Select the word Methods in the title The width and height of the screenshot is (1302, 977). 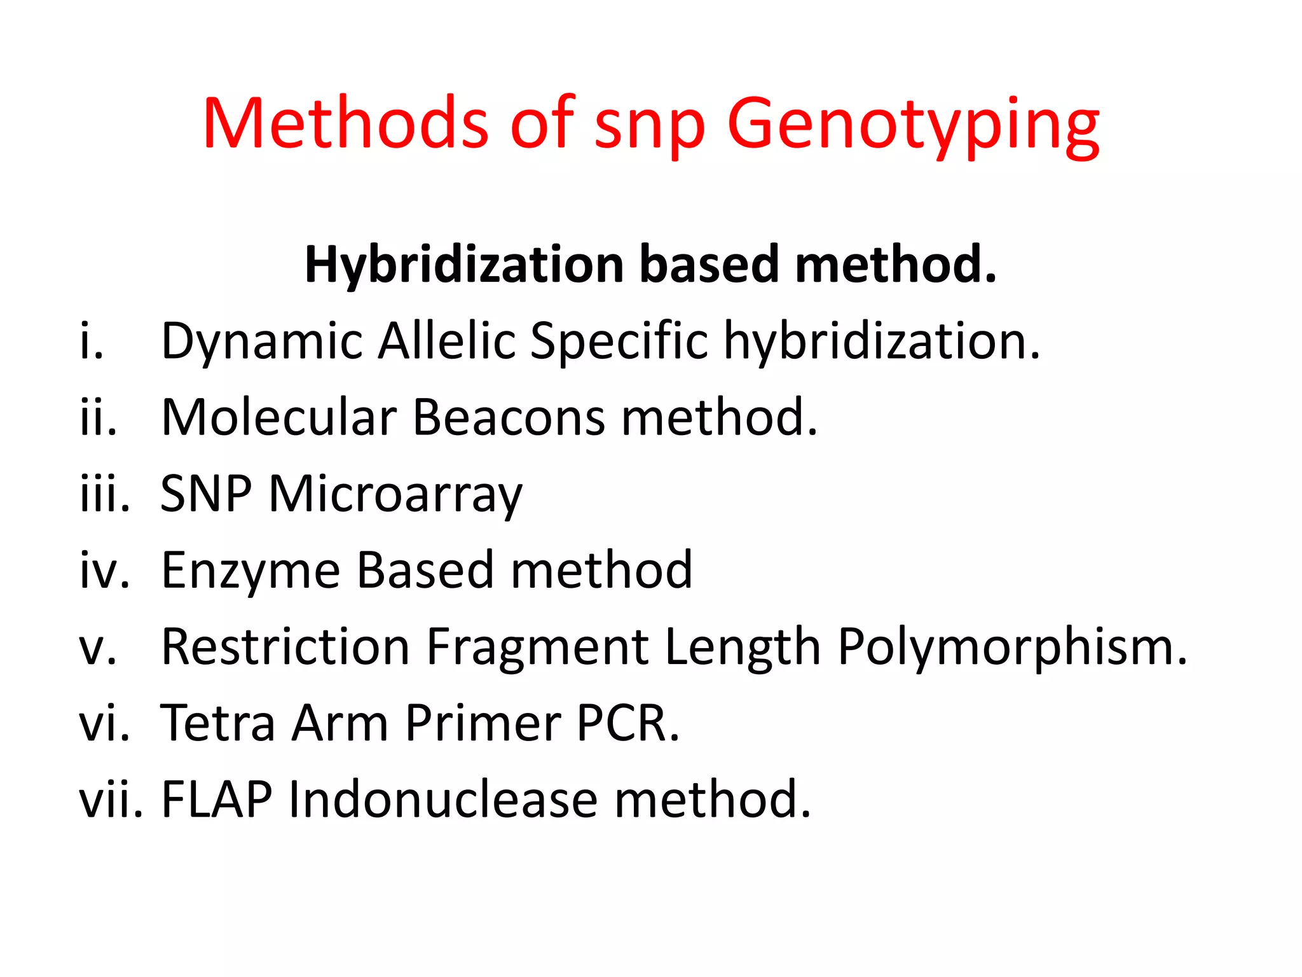pos(345,122)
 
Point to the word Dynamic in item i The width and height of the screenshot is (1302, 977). pos(261,342)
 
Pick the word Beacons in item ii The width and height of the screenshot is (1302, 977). pos(509,417)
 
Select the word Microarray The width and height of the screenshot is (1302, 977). pos(395,494)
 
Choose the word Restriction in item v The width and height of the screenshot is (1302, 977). pos(285,646)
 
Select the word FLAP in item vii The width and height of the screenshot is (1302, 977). pos(217,800)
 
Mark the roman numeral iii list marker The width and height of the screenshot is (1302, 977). pos(104,494)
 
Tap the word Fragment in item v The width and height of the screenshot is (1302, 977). pos(537,648)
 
